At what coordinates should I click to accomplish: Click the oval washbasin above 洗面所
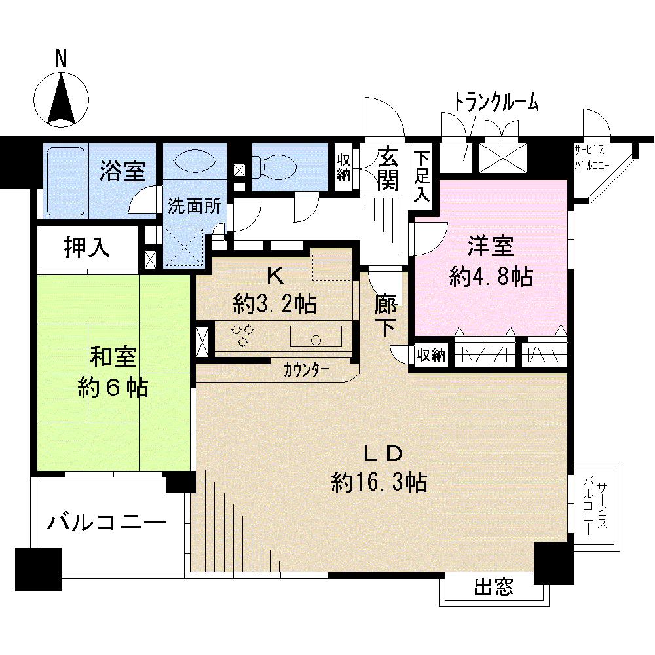tap(193, 161)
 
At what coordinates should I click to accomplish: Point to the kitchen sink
tap(316, 339)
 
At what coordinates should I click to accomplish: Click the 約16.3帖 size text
tap(379, 483)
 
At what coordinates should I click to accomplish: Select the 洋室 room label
tap(490, 248)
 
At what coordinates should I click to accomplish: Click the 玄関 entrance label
tap(389, 168)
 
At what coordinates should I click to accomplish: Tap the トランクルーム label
tap(496, 102)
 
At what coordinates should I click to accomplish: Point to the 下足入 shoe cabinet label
tap(422, 175)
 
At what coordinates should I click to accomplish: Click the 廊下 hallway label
tap(386, 316)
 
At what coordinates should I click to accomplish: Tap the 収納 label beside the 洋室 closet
tap(431, 356)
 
